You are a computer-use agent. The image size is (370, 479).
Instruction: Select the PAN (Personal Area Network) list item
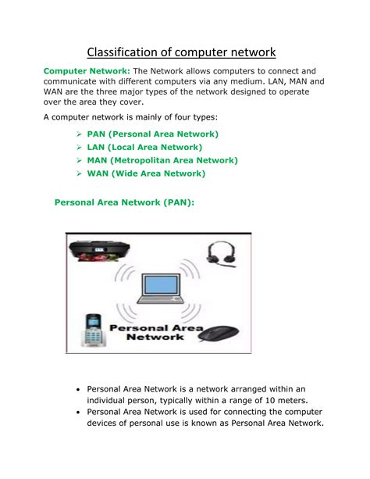coord(152,134)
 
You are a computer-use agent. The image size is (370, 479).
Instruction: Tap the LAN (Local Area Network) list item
coord(144,147)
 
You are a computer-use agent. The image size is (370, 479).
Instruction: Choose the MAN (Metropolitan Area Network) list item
coord(162,160)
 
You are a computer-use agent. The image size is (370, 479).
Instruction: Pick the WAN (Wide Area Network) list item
coord(146,173)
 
